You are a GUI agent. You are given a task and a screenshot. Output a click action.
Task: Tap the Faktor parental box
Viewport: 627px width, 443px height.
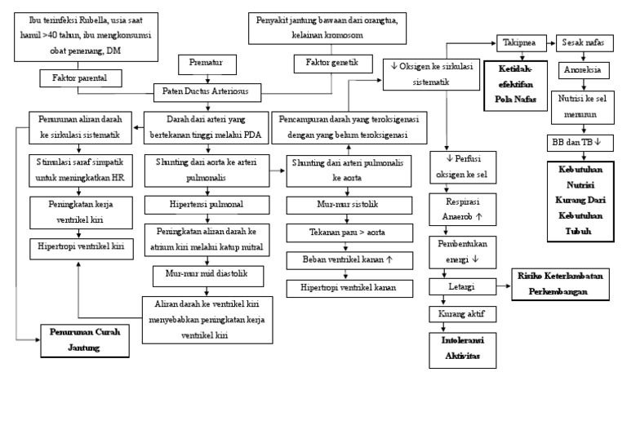(81, 78)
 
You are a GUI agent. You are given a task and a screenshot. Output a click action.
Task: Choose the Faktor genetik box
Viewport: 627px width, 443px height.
(332, 62)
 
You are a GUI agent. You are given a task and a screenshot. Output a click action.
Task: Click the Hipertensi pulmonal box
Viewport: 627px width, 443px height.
(207, 204)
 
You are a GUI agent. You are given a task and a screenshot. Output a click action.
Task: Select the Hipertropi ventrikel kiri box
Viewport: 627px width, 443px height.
(81, 246)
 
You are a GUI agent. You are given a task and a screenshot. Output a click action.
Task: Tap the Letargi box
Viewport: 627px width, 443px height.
(462, 286)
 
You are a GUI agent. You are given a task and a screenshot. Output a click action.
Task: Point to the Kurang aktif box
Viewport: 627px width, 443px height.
(462, 313)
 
